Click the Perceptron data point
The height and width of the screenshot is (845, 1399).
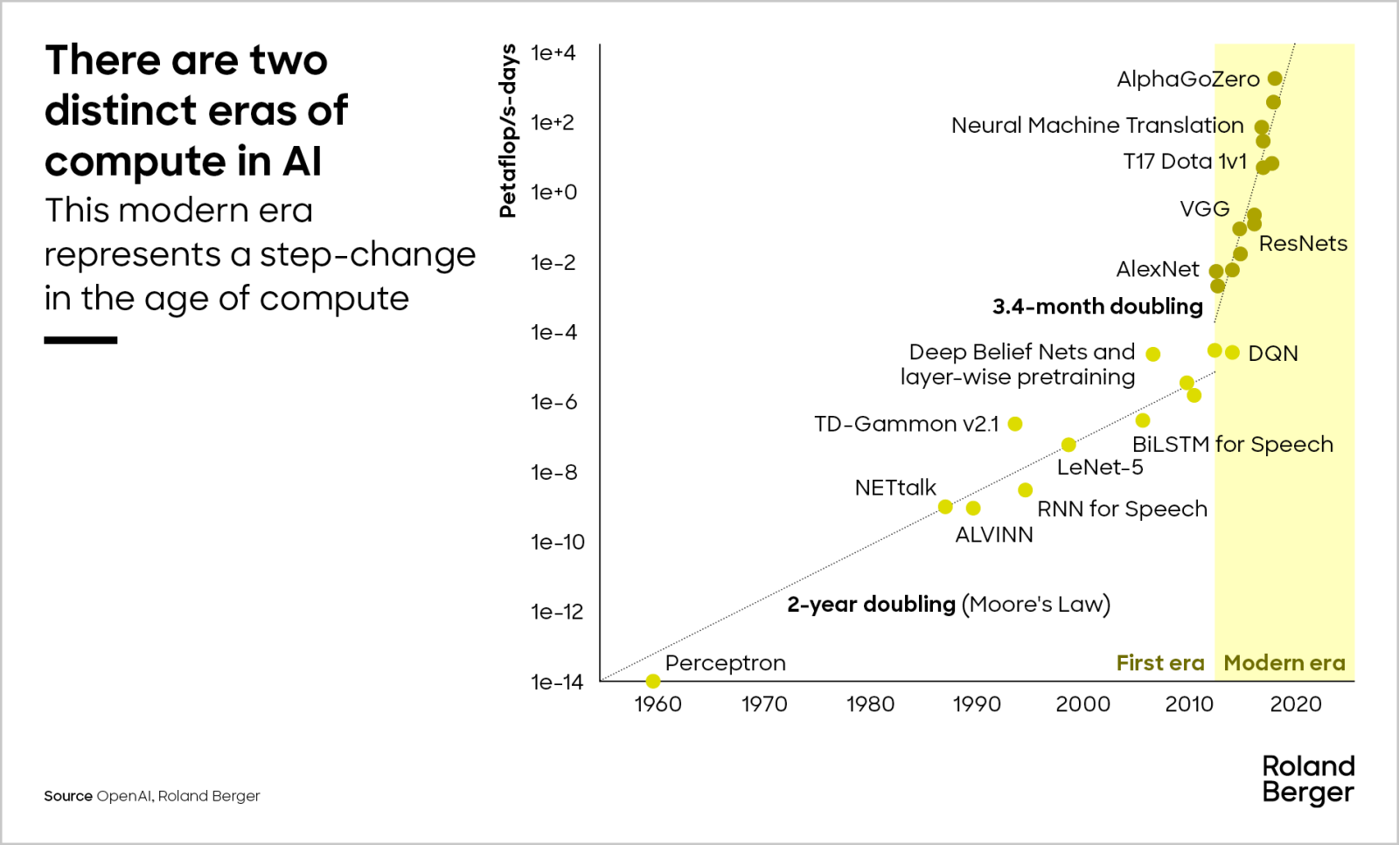tap(653, 681)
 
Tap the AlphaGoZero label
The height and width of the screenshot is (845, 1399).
tap(1187, 80)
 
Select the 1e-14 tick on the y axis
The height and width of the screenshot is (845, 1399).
tap(556, 682)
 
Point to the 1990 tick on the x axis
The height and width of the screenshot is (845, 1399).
tap(977, 704)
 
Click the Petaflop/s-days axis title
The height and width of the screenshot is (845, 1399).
tap(507, 130)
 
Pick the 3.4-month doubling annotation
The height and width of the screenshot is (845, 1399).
tap(1097, 307)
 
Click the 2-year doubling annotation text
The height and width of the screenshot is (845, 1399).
tap(948, 605)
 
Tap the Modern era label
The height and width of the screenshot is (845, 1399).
tap(1284, 663)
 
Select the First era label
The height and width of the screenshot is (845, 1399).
tap(1160, 663)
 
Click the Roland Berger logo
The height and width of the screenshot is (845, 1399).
tap(1308, 779)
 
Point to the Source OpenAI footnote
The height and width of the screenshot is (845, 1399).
tap(152, 796)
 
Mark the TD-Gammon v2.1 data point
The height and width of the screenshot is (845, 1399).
tap(1015, 424)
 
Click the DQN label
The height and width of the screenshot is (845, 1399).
tap(1273, 354)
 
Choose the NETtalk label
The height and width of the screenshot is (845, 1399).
tap(895, 488)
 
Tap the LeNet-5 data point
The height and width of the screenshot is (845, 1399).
tap(1068, 445)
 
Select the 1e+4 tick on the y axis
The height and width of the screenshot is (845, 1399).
tap(553, 53)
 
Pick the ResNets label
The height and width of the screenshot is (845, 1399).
tap(1303, 244)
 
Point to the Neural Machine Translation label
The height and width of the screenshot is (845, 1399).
tap(1097, 126)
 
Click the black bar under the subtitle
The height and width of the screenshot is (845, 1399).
tap(80, 340)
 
